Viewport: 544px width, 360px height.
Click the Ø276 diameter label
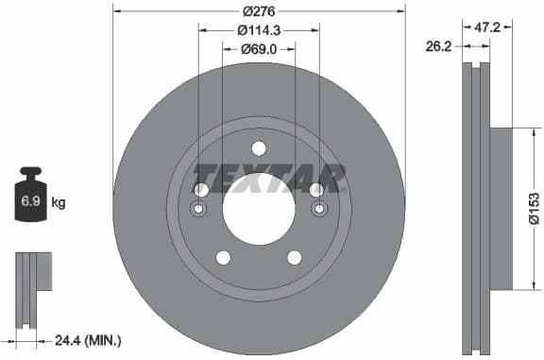coord(259,10)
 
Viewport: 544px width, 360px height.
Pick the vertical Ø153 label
coord(534,206)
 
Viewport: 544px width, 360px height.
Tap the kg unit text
coord(59,203)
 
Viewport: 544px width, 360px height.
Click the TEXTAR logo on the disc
coord(268,177)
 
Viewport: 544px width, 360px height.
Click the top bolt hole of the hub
coord(259,146)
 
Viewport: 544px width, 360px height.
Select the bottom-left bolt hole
coord(223,257)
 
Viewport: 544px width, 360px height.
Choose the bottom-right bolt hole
coord(295,257)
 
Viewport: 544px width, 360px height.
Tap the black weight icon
coord(30,195)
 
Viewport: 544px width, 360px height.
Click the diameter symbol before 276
coord(246,10)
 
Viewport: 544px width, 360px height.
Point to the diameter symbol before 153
coord(534,220)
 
